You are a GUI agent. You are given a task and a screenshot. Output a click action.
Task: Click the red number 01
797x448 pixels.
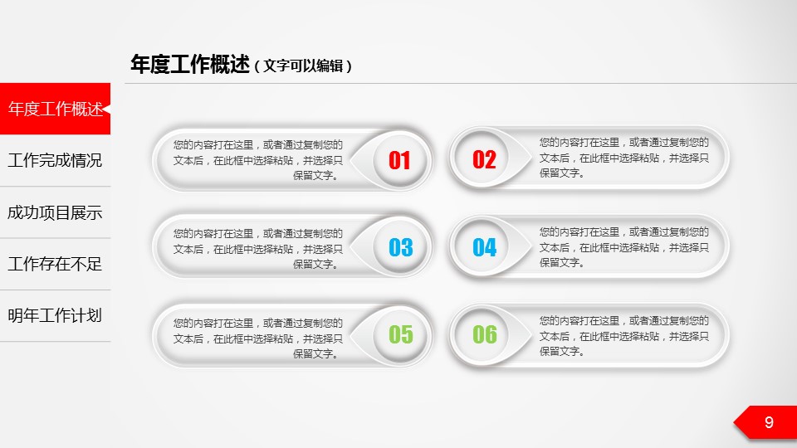tap(399, 160)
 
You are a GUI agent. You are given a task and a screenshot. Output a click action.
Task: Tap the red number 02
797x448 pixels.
tap(484, 159)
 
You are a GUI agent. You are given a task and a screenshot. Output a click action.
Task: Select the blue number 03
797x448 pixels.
tap(400, 247)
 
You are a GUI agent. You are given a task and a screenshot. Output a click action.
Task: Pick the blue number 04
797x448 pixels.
tap(484, 247)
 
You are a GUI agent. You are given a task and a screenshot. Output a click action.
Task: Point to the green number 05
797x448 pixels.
tap(400, 334)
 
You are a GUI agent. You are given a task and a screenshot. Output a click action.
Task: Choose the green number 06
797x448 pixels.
tap(484, 334)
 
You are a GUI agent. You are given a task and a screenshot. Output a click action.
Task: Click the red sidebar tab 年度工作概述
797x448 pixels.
tap(55, 109)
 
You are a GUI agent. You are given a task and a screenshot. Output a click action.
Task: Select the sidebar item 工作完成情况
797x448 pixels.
tap(55, 160)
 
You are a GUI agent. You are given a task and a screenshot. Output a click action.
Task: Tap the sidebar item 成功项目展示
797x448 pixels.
tap(55, 212)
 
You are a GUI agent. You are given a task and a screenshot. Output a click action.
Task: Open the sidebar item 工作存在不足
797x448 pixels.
tap(55, 264)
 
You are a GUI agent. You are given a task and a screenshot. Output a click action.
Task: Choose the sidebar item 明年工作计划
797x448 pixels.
tap(55, 315)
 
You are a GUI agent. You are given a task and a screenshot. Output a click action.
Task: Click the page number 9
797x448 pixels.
tap(769, 422)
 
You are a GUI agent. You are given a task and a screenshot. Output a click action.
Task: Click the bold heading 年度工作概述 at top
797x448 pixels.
tap(190, 65)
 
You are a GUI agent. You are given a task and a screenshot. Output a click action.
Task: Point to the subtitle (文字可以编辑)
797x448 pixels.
tap(303, 66)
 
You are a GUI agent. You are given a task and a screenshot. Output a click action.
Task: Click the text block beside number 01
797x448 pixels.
tap(257, 160)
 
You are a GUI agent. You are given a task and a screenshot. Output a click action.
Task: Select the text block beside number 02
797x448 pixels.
tap(623, 158)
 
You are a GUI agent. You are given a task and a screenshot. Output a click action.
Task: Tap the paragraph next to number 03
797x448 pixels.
tap(257, 249)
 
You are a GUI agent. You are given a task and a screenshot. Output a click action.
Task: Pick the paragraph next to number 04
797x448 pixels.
tap(623, 247)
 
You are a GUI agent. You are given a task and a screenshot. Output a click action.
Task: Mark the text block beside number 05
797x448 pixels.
tap(257, 338)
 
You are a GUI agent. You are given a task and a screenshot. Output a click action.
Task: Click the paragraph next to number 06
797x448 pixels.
tap(623, 336)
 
